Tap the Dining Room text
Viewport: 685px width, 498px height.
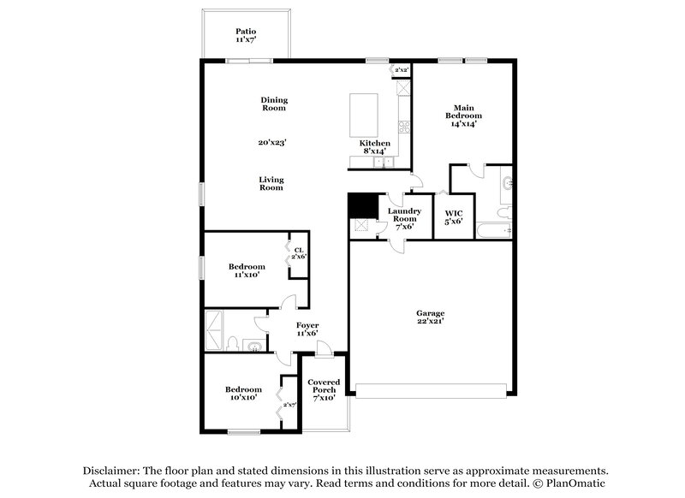[274, 104]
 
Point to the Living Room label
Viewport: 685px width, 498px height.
[271, 184]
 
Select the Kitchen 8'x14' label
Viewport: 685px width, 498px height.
[375, 147]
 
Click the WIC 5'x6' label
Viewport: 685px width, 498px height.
[453, 217]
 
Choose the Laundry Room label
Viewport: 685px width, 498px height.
[402, 218]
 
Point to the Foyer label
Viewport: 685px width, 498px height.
[307, 329]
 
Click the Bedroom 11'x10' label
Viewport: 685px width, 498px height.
[247, 271]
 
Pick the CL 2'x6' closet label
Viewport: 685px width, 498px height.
[299, 253]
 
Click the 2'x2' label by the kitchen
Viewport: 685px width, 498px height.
[401, 69]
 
